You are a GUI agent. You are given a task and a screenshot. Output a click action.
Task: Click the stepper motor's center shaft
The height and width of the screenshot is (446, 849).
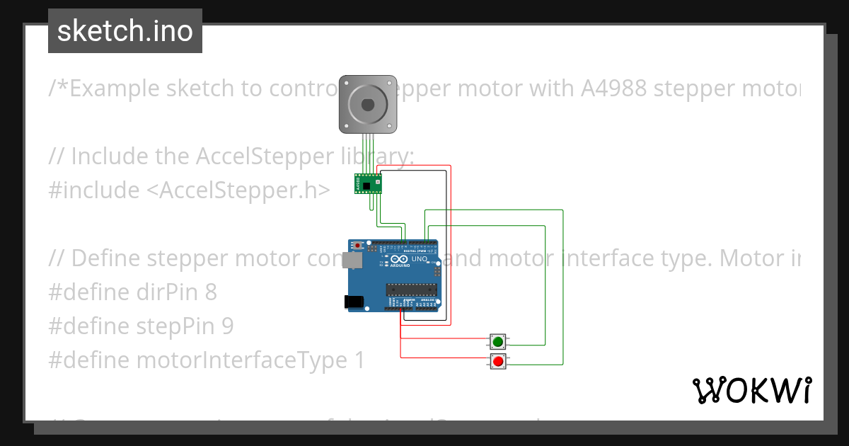coord(367,104)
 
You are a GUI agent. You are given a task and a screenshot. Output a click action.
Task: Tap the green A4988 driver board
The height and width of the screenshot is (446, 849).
coord(367,184)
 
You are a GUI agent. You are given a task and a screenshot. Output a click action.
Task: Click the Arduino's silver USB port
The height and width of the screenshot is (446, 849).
coord(353,261)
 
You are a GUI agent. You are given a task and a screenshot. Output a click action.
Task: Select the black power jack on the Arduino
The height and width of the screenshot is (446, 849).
coord(354,302)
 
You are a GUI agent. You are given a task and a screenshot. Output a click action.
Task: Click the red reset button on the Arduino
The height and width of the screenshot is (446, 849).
coord(358,246)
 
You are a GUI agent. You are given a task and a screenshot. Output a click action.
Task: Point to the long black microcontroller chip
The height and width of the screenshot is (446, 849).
coord(410,288)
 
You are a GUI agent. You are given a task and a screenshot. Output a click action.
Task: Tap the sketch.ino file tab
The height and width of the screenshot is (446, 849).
coord(125,31)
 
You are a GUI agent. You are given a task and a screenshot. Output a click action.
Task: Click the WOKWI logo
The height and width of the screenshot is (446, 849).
coord(751,390)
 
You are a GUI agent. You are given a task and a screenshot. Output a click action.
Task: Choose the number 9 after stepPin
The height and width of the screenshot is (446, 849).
coord(226,326)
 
